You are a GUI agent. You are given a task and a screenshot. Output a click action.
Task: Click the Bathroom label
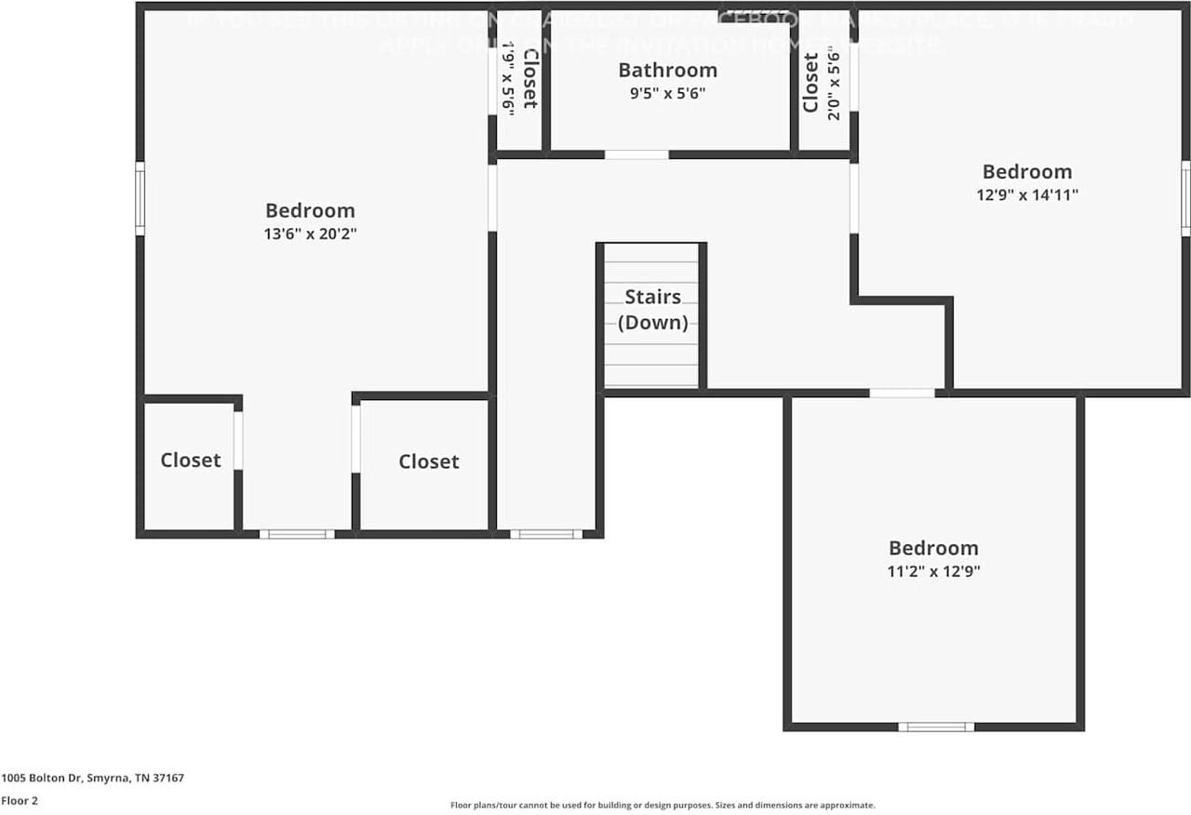[x=667, y=70]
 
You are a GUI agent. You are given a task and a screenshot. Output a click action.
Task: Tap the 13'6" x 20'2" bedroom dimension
[x=310, y=234]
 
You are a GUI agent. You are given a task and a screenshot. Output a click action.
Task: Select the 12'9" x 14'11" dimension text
[x=1027, y=195]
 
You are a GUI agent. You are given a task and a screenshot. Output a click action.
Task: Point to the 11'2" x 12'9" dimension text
[x=933, y=572]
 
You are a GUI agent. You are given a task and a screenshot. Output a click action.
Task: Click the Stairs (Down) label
[x=652, y=310]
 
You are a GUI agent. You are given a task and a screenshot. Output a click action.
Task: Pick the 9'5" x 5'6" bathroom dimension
[x=667, y=93]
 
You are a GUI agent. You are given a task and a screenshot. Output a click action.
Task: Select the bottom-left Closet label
[x=191, y=460]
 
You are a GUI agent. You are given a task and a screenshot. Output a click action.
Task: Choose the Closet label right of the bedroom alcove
[x=429, y=461]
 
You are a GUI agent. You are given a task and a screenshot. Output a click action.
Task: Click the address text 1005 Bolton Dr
[x=92, y=778]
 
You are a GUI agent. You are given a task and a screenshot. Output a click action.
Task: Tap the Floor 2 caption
[x=20, y=800]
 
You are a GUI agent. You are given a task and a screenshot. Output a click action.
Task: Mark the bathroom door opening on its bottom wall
[x=636, y=154]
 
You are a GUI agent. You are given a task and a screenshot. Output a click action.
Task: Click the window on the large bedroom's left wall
[x=141, y=198]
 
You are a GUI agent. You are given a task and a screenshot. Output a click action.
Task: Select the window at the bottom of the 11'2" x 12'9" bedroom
[x=936, y=727]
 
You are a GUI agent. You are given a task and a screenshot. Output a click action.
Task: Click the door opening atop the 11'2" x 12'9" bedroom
[x=902, y=394]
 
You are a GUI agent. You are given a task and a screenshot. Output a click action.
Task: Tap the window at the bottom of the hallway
[x=546, y=534]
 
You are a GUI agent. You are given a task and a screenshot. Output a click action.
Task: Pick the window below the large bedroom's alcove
[x=296, y=534]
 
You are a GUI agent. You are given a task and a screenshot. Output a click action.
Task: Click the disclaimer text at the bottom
[x=662, y=806]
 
